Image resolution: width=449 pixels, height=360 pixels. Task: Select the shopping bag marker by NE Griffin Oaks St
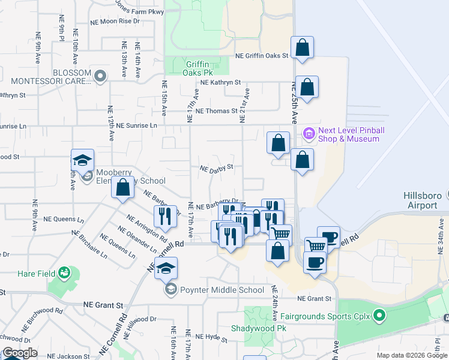(303, 48)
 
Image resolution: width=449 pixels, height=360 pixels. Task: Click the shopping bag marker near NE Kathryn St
(307, 88)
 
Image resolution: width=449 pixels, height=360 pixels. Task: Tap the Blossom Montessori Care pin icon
(100, 76)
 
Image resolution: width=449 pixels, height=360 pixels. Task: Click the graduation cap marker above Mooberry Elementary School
(82, 160)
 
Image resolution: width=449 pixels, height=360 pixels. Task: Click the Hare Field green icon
(64, 274)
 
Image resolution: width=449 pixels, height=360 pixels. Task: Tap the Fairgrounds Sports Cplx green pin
(379, 314)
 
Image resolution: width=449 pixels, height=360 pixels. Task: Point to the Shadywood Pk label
(259, 329)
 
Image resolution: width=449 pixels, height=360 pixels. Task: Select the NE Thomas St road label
(217, 111)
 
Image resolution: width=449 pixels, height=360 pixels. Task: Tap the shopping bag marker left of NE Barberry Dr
(122, 188)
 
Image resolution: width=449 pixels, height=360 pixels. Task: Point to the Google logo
(20, 353)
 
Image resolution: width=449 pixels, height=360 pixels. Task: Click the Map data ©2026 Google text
(411, 355)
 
